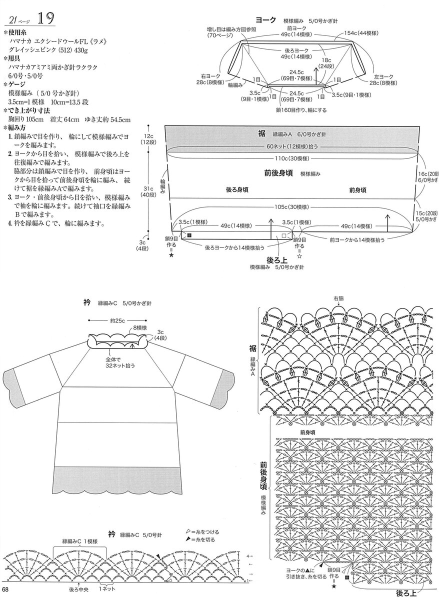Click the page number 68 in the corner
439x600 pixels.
coord(5,594)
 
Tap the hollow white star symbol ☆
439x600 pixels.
coord(299,255)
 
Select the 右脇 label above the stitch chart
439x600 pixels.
coord(338,298)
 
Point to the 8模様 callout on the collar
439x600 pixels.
coord(139,328)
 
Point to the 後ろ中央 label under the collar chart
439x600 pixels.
coord(78,590)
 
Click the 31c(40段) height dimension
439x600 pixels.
coord(148,192)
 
